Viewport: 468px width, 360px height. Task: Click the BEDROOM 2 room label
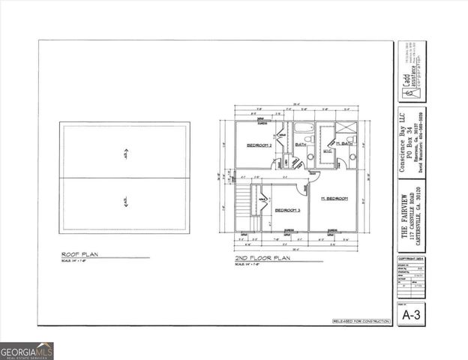[259, 145]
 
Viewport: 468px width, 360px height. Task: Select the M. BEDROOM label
[334, 198]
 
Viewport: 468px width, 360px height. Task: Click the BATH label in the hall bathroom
[301, 143]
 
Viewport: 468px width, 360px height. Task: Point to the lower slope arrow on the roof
[125, 199]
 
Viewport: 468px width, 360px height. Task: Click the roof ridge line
[125, 178]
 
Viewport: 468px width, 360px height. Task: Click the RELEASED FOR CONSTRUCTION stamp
[361, 321]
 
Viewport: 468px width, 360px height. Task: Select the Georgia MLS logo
[27, 350]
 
